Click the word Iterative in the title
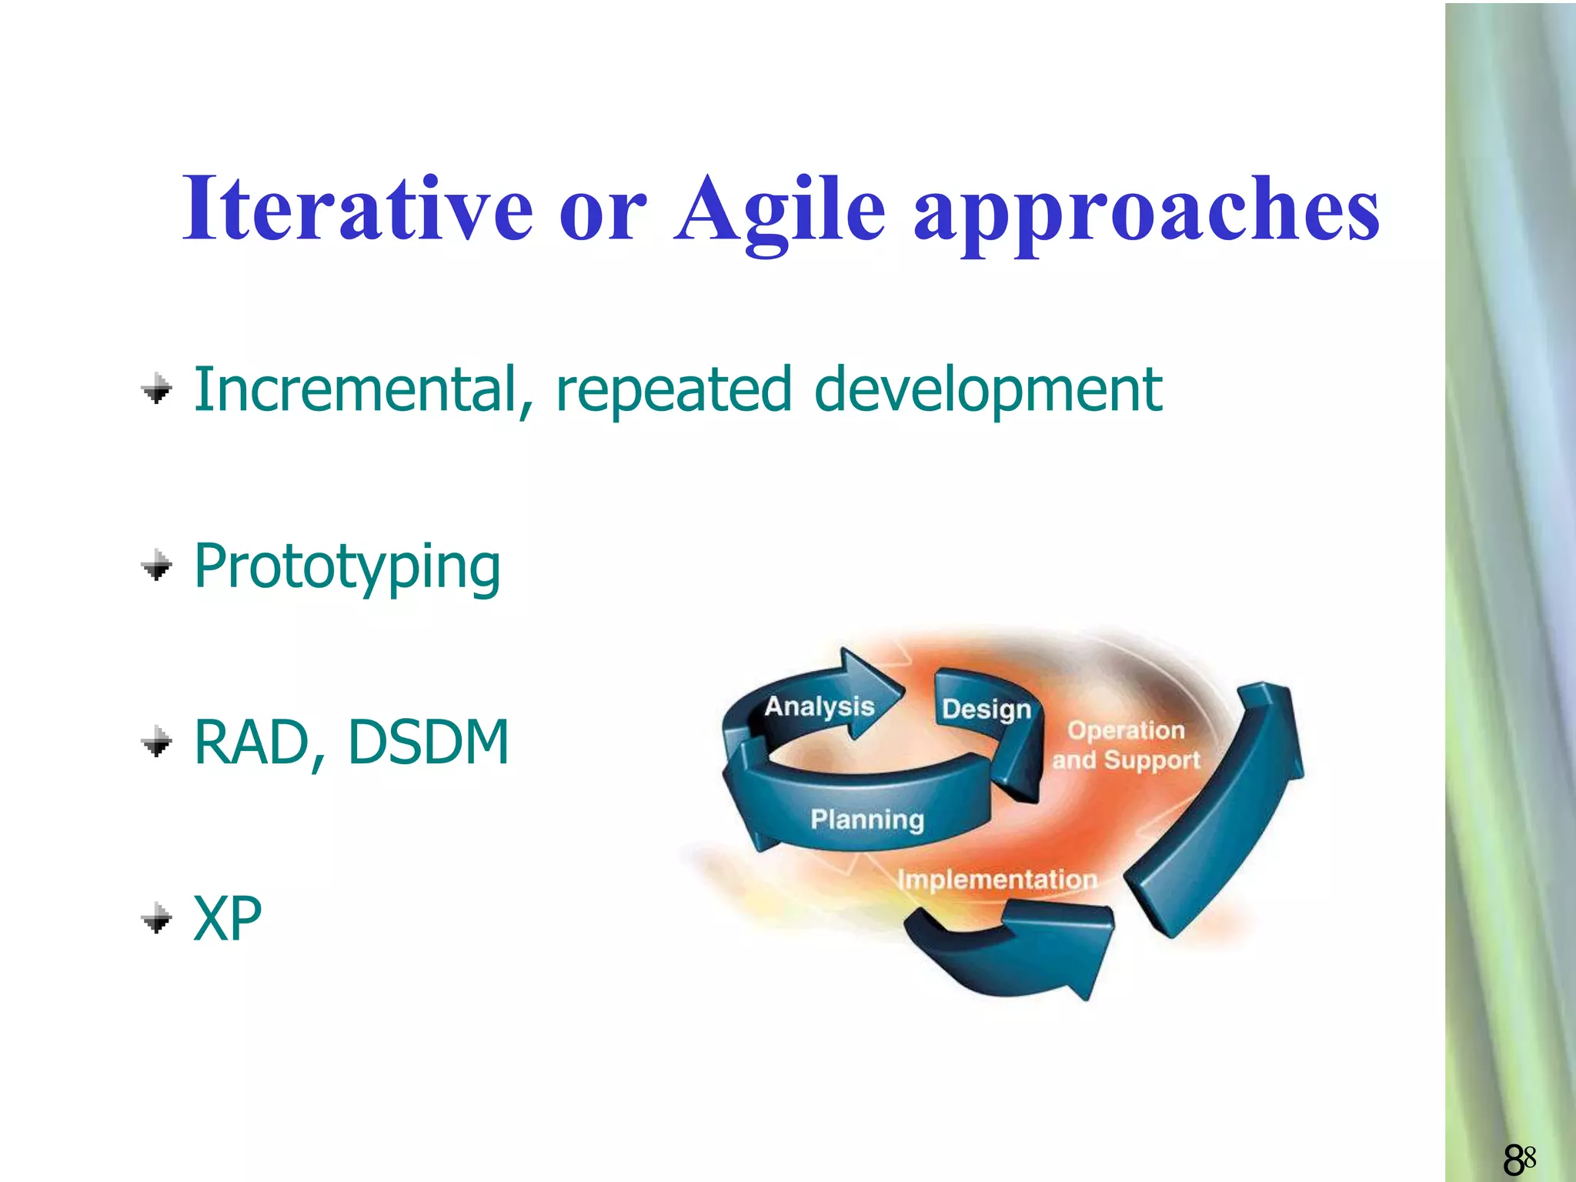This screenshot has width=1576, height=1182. coord(357,208)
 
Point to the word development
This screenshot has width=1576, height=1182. coord(987,391)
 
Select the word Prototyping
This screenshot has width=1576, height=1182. coord(347,568)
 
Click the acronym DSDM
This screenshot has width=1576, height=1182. coord(428,742)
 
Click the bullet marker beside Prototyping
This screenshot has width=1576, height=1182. coord(157,566)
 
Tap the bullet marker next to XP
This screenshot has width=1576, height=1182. coord(157,917)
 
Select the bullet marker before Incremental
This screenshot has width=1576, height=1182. coord(157,389)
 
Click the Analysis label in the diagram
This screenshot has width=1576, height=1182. coord(819,706)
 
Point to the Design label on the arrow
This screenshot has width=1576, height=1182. coord(986,709)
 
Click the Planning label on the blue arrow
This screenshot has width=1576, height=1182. coord(866,819)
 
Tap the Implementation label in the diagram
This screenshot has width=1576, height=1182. coord(997,879)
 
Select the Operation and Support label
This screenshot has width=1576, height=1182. coord(1126,745)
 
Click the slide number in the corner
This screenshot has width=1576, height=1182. coord(1519,1159)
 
